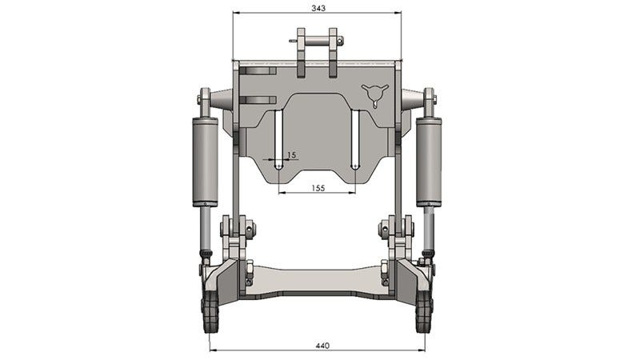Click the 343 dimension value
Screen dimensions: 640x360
318,8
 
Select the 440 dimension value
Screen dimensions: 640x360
322,346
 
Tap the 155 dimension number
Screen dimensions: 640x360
318,188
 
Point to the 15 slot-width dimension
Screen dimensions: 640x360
291,155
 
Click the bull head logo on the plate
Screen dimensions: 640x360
374,95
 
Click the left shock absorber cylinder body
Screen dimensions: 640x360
205,162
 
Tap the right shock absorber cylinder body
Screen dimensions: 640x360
429,162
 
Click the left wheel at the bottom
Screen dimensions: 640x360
210,311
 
